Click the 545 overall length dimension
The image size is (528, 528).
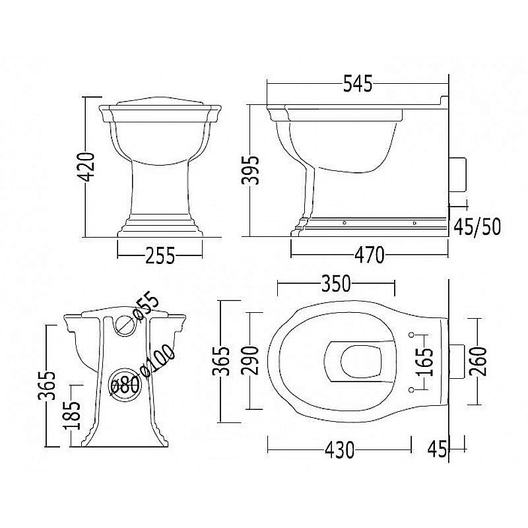coord(358,84)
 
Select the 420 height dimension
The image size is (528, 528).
coord(86,167)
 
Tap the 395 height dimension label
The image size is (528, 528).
coord(251,170)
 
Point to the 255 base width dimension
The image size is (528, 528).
coord(160,255)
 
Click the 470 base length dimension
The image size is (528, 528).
coord(369,255)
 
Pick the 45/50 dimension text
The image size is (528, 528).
coord(477,226)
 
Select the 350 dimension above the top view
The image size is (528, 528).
coord(336,284)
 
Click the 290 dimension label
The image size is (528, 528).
coord(251,360)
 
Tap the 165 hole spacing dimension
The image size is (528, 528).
coord(424,362)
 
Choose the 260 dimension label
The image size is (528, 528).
coord(478,361)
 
